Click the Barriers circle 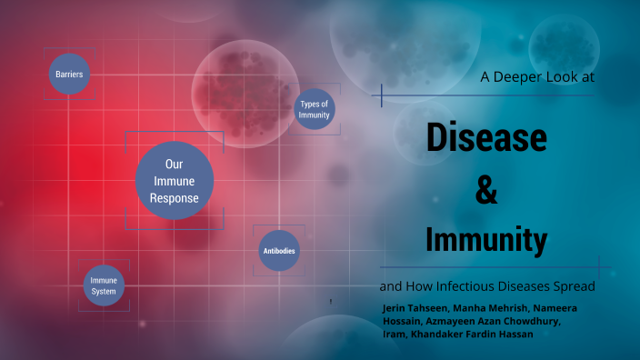pyautogui.click(x=70, y=75)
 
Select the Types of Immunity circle pyautogui.click(x=314, y=110)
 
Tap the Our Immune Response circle pyautogui.click(x=175, y=180)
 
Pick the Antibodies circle pyautogui.click(x=279, y=251)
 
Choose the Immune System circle pyautogui.click(x=104, y=285)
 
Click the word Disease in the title pyautogui.click(x=486, y=137)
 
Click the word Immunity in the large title pyautogui.click(x=486, y=240)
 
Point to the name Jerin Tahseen pyautogui.click(x=415, y=309)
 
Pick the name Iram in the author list pyautogui.click(x=395, y=335)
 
